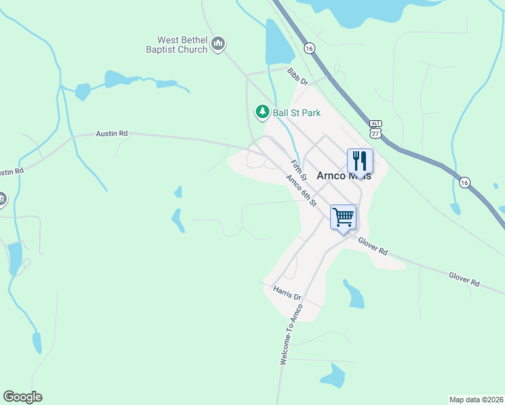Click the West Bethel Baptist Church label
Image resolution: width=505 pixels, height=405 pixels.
click(x=177, y=45)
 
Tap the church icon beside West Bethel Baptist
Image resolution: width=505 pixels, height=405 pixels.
click(x=217, y=45)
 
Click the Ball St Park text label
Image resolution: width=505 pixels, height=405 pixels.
click(x=296, y=113)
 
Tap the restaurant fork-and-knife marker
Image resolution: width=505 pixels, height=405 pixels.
click(x=359, y=161)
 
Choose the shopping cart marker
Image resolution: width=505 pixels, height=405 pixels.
click(x=343, y=218)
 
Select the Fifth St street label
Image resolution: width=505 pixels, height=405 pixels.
click(x=298, y=169)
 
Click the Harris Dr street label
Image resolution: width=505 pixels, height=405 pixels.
click(x=287, y=292)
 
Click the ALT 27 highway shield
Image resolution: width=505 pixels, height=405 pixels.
click(x=376, y=129)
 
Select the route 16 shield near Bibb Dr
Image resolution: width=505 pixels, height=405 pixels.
click(x=309, y=49)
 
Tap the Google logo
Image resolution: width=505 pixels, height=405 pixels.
click(x=22, y=397)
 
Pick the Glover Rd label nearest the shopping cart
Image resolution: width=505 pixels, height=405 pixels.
click(x=373, y=246)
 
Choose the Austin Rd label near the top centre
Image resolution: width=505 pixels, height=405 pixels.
click(x=112, y=134)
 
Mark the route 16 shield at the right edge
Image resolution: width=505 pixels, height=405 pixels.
click(x=464, y=183)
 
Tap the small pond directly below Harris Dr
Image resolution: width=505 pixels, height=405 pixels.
click(x=333, y=375)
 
